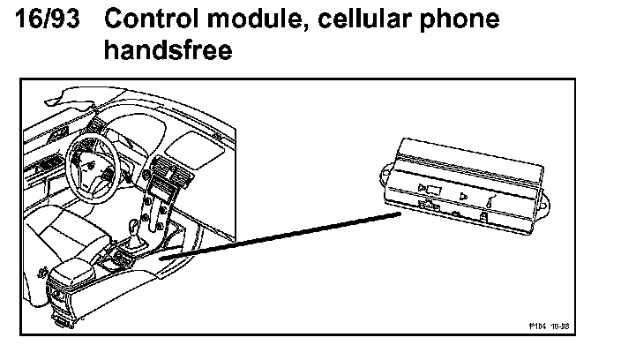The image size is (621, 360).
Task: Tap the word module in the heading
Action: click(251, 19)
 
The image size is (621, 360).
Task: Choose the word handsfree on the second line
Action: click(168, 50)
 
